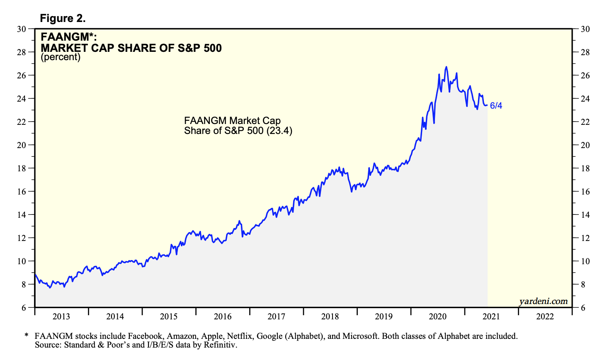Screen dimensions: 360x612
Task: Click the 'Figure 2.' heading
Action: tap(63, 18)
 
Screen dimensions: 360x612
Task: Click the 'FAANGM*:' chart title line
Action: tap(68, 37)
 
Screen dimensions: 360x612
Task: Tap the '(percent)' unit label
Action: tap(61, 57)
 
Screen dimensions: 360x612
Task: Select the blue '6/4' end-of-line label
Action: tap(496, 106)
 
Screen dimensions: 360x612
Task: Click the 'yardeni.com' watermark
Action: tap(543, 302)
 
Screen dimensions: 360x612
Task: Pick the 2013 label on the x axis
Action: tap(61, 317)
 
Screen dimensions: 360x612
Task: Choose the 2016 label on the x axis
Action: tap(223, 317)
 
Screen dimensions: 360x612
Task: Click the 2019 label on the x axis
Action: tap(384, 317)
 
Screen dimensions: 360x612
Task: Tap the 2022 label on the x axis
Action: tap(545, 317)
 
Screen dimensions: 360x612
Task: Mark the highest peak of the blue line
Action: tap(446, 66)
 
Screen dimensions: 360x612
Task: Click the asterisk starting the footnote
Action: tap(26, 335)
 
